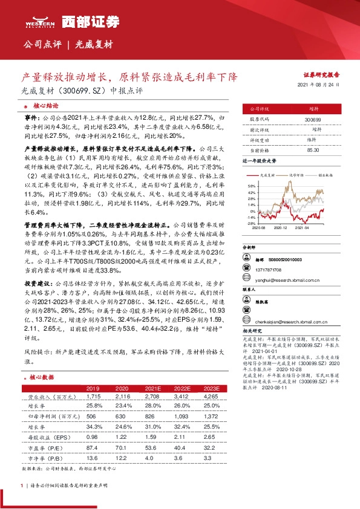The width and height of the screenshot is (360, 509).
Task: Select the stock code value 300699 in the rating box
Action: [312, 120]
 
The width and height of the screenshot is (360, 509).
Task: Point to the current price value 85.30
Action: [313, 149]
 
